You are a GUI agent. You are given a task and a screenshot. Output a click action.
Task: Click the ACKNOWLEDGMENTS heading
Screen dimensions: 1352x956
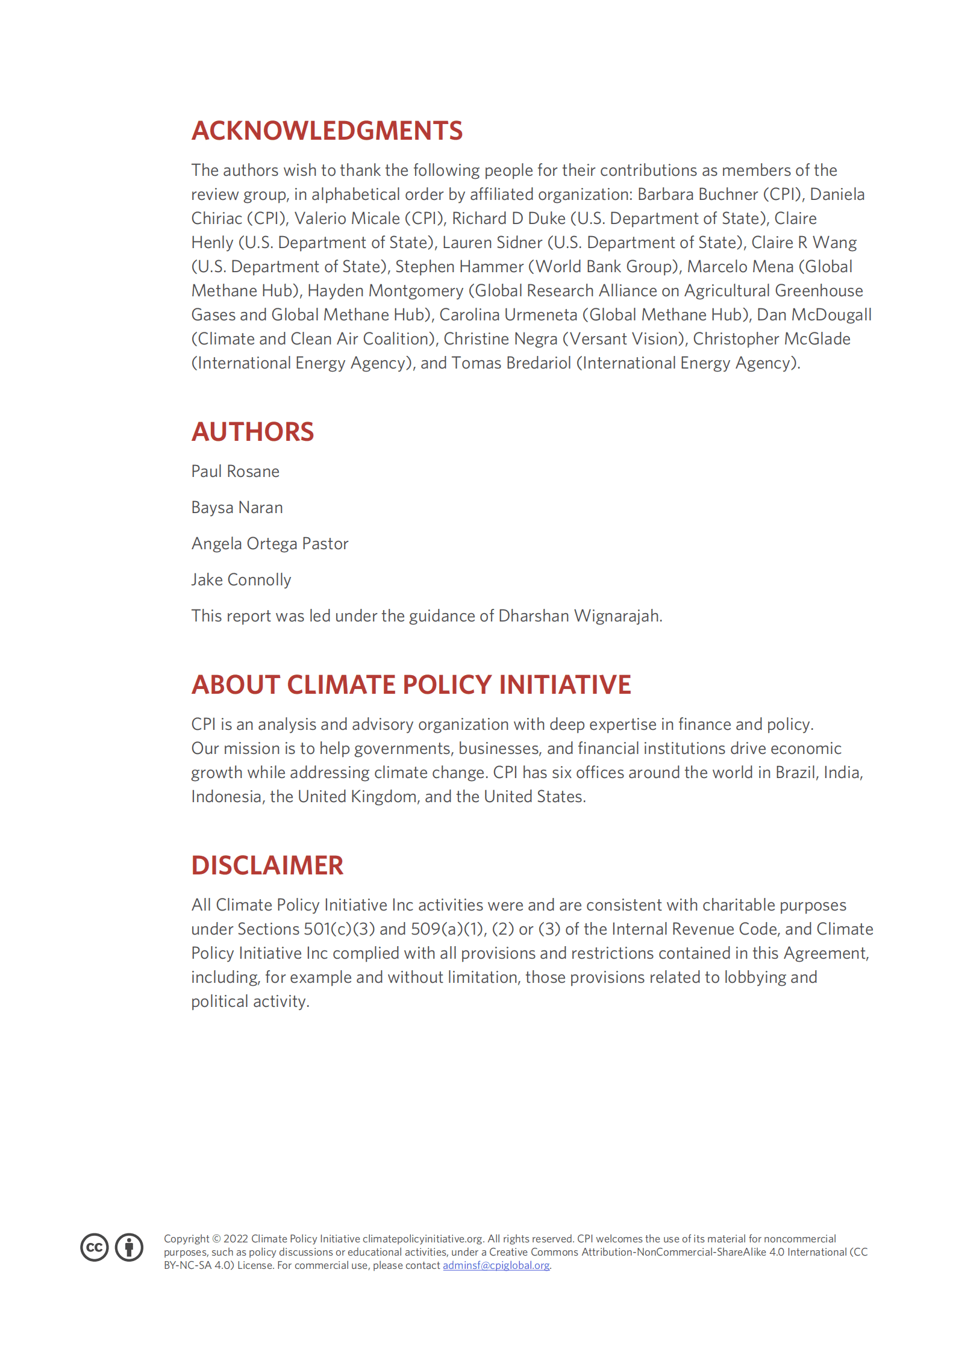(327, 131)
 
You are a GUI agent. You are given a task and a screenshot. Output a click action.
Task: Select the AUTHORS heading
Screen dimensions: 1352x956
(252, 432)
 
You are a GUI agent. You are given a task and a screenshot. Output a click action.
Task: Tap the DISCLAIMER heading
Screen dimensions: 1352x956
(267, 865)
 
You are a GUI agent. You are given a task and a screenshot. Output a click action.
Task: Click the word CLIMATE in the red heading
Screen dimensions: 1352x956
(341, 685)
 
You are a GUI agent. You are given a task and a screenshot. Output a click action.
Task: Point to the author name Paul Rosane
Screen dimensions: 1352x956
(235, 472)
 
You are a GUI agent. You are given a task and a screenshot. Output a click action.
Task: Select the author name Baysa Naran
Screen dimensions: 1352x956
(237, 508)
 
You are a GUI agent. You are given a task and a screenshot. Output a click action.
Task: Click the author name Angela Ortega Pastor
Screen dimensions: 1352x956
(270, 544)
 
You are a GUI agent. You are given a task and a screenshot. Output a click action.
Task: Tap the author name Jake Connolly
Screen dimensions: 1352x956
(241, 580)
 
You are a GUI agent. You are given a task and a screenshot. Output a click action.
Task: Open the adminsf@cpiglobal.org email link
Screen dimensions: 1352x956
(496, 1265)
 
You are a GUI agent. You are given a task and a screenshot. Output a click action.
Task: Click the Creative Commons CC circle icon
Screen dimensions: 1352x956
(95, 1247)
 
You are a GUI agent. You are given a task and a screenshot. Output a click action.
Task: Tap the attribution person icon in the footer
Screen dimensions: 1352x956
(129, 1247)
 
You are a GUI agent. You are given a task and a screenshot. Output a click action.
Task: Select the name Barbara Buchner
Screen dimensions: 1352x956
(698, 195)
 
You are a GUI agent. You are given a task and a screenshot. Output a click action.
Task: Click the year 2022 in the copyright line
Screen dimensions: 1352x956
(236, 1239)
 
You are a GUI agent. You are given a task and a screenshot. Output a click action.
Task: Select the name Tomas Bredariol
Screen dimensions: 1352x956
(511, 363)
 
